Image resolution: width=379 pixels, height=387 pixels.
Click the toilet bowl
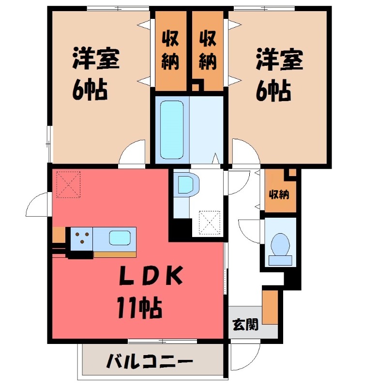pos(280,244)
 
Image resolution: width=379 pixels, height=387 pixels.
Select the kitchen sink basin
pos(119,238)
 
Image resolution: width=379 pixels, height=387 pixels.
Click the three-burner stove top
pos(82,238)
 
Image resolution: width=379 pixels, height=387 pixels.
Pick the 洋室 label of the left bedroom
pos(96,60)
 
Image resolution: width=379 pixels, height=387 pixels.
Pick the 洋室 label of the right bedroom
pos(279,60)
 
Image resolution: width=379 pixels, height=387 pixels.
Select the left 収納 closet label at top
pos(170,50)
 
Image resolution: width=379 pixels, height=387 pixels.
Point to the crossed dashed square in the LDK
pos(68,184)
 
